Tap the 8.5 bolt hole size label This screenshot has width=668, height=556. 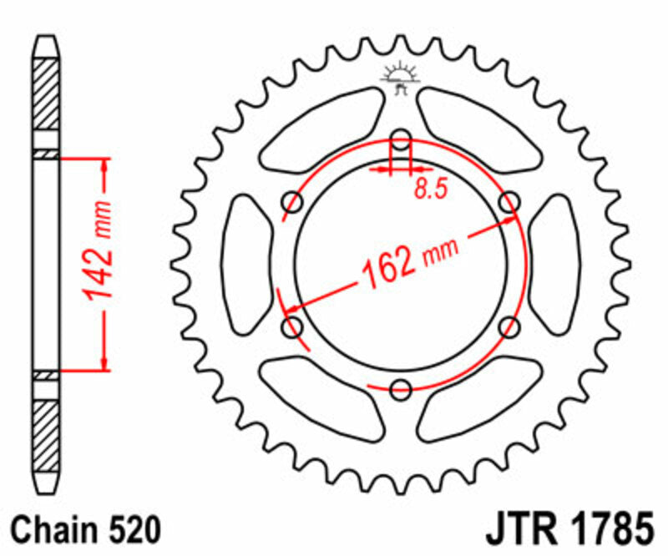coord(430,190)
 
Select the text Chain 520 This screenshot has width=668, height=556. coord(85,529)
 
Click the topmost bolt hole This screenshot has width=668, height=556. coord(401,139)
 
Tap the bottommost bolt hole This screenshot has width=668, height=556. coord(401,388)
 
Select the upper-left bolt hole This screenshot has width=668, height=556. coord(293,201)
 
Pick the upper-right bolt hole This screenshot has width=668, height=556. coord(509,201)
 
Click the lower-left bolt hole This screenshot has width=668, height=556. coord(293,326)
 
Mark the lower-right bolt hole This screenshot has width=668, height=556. coord(509,326)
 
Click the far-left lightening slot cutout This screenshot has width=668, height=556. coord(245,263)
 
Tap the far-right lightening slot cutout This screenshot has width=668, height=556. coord(555,263)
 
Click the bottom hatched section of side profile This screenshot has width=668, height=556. coord(46,433)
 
